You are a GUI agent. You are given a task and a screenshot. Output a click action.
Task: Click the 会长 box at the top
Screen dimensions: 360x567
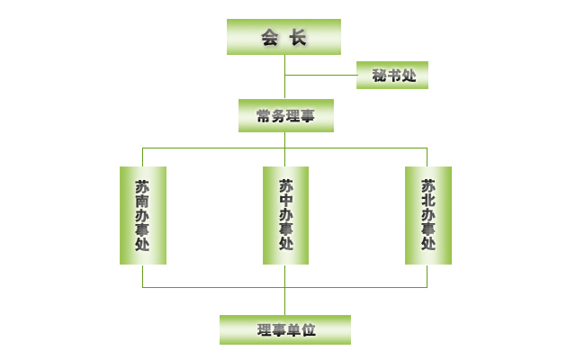tap(284, 37)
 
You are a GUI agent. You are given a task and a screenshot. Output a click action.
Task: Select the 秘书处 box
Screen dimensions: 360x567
tap(392, 76)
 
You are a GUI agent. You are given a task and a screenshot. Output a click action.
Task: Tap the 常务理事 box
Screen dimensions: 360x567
tap(285, 115)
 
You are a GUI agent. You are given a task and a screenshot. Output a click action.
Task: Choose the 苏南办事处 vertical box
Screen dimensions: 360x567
tap(142, 215)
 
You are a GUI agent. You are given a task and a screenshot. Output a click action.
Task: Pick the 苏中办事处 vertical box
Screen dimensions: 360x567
tap(285, 215)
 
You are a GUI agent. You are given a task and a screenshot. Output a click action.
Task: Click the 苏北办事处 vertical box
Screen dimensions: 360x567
tap(427, 215)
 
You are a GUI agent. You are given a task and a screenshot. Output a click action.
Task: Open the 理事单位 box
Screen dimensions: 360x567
tap(285, 329)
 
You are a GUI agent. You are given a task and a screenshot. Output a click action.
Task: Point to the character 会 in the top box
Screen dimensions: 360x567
tap(269, 38)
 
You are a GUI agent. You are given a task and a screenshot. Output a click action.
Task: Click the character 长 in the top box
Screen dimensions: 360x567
tap(299, 38)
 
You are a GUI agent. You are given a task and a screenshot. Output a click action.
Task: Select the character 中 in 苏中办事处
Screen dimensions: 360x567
tap(285, 202)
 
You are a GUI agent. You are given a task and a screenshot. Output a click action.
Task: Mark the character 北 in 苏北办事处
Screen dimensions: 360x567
tap(427, 202)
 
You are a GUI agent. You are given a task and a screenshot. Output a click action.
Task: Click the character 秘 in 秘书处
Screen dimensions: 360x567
tap(378, 76)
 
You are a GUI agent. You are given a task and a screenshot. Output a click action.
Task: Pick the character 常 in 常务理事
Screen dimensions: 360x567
tap(264, 116)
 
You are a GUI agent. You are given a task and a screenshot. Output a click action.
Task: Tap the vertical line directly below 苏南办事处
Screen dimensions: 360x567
tap(142, 275)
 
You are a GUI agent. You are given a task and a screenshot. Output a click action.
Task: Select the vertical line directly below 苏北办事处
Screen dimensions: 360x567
tap(427, 275)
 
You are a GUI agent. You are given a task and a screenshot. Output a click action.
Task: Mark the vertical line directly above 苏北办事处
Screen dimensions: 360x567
tap(427, 157)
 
